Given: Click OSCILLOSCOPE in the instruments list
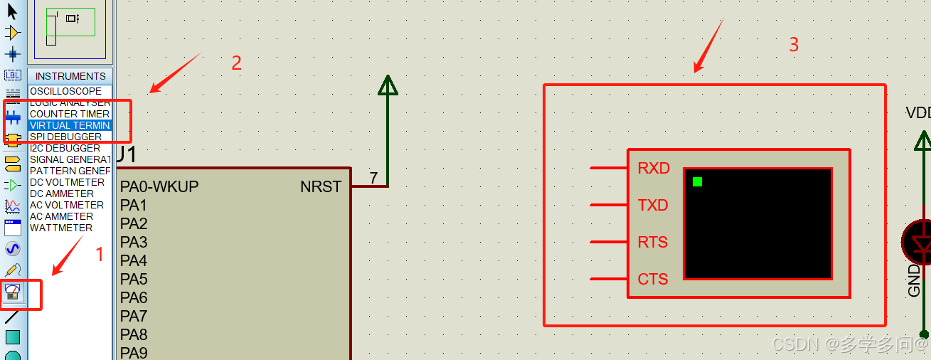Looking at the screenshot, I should coord(65,91).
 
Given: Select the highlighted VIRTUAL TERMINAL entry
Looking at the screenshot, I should coord(70,125).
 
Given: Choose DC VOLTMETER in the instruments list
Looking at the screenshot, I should coord(67,182).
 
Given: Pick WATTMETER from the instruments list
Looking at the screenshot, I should coord(61,228).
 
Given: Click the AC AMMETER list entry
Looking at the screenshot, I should coord(61,216).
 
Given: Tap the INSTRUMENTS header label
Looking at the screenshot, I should coord(70,76).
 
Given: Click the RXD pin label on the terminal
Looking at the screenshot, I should coord(654,169).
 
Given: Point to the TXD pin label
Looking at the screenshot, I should coord(653,206).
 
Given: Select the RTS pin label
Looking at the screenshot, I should coord(653,243).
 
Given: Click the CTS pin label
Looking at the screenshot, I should coord(653,280).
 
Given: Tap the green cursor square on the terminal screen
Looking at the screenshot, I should coord(697,182).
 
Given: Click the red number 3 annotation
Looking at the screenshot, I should coord(794,45).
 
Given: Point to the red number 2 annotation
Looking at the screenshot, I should coord(237,63).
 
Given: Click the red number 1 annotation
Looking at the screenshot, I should coord(100,254).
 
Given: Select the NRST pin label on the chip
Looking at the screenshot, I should coord(321,187).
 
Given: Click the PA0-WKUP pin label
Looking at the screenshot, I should coord(159,187).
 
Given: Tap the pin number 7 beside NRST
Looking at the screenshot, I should coord(373,178).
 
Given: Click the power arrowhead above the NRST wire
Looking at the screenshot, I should coord(388,85).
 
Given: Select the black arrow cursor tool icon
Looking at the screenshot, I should coord(12,11).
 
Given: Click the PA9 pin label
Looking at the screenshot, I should coord(134,354).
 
